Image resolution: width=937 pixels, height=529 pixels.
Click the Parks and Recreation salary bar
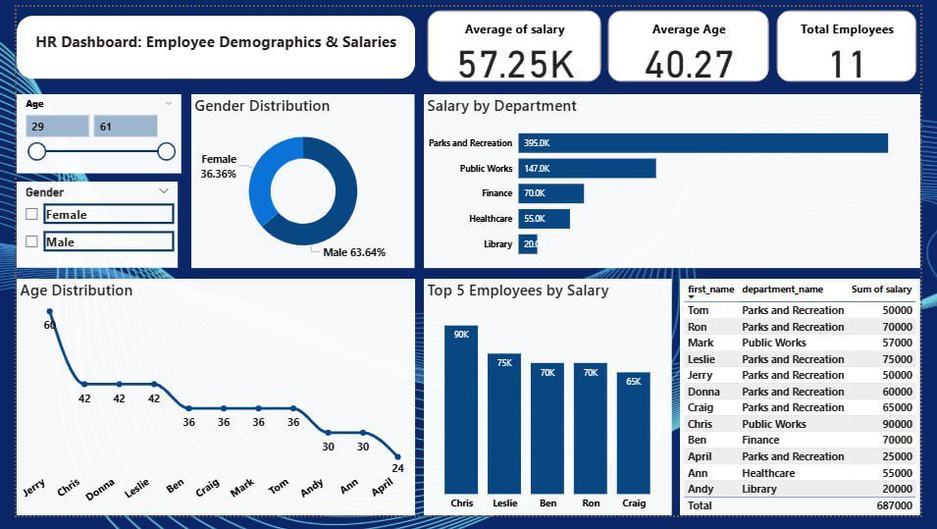703,143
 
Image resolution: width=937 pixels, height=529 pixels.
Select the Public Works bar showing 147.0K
587,169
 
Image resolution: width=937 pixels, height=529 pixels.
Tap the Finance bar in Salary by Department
550,193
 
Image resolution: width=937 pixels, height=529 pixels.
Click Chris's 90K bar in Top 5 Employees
460,409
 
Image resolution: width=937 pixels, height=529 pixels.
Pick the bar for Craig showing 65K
633,433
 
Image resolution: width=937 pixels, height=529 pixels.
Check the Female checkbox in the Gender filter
32,214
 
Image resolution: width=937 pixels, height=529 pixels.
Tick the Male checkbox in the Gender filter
32,241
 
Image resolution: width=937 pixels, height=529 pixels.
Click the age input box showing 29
57,126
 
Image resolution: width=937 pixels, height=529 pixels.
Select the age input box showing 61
125,126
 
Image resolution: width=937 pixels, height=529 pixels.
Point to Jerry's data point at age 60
50,312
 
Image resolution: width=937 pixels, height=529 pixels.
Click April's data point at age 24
397,456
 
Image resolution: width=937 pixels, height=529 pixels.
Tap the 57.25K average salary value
515,64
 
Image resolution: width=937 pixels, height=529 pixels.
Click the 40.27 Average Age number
689,64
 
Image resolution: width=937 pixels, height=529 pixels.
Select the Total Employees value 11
846,64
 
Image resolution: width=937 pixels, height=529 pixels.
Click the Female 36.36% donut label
218,166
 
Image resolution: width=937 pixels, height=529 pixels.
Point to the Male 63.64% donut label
354,252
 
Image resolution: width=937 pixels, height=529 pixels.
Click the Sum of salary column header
881,290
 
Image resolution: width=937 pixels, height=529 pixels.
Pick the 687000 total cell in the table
895,505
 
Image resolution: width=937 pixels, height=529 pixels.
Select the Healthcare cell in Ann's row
768,473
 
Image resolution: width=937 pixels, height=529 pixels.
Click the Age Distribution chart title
76,291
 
